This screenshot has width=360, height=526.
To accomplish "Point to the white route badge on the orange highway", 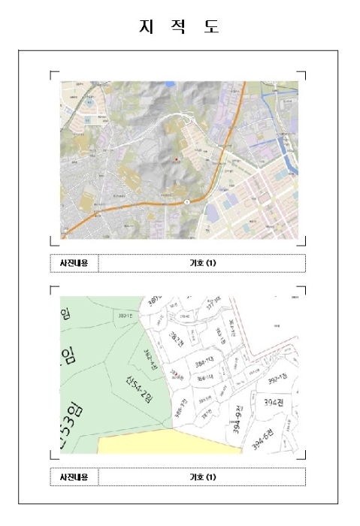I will pos(187,201).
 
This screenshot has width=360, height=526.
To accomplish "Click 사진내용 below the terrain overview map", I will pos(74,263).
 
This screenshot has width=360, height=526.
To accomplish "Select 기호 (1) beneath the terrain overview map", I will pos(202,263).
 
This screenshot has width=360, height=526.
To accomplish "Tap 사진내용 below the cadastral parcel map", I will pos(74,476).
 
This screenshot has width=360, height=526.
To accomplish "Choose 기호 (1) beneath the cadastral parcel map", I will pos(202,476).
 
